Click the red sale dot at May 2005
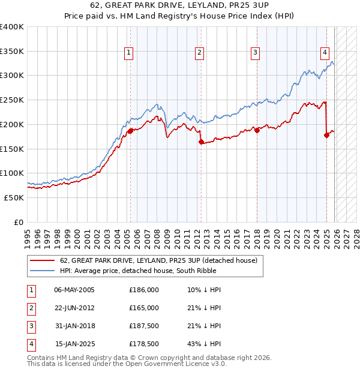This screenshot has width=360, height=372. tap(131, 130)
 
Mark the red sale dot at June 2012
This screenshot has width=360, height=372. tap(201, 142)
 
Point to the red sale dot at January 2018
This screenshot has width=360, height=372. tap(257, 130)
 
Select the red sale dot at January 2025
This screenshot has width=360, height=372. tap(327, 135)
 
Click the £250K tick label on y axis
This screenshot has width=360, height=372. tap(12, 100)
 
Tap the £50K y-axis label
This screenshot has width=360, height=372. tap(14, 197)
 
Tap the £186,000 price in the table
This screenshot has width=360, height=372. tap(144, 290)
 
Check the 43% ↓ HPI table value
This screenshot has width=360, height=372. tap(204, 344)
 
